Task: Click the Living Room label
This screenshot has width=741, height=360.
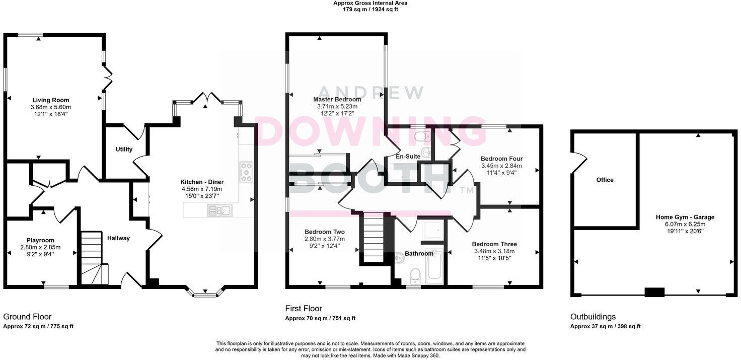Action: coord(51,100)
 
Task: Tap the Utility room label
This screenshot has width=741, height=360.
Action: coord(124,150)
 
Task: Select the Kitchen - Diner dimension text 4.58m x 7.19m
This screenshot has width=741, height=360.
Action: coord(202,189)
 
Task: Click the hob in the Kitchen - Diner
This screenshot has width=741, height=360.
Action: coord(246,172)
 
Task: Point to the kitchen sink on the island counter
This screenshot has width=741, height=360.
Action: coord(218,211)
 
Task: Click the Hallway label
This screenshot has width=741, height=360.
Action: coord(118,238)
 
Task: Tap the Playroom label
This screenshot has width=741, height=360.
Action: coord(40,240)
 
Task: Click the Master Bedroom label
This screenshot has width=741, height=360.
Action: coord(337,100)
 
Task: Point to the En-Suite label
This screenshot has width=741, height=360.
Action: coord(408,157)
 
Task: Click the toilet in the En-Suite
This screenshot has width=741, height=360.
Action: coord(420,135)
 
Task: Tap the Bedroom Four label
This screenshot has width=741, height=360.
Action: coord(501,158)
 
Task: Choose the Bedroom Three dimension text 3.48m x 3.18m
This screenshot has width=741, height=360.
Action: coord(494,251)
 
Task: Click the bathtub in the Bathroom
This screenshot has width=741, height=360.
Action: coord(434,266)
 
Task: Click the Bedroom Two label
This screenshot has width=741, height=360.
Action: coord(325,232)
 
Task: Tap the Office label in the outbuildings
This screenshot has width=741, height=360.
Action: coord(605,180)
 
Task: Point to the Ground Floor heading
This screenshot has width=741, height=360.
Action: coord(27,317)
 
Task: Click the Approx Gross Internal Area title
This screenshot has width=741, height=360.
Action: coord(370,3)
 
